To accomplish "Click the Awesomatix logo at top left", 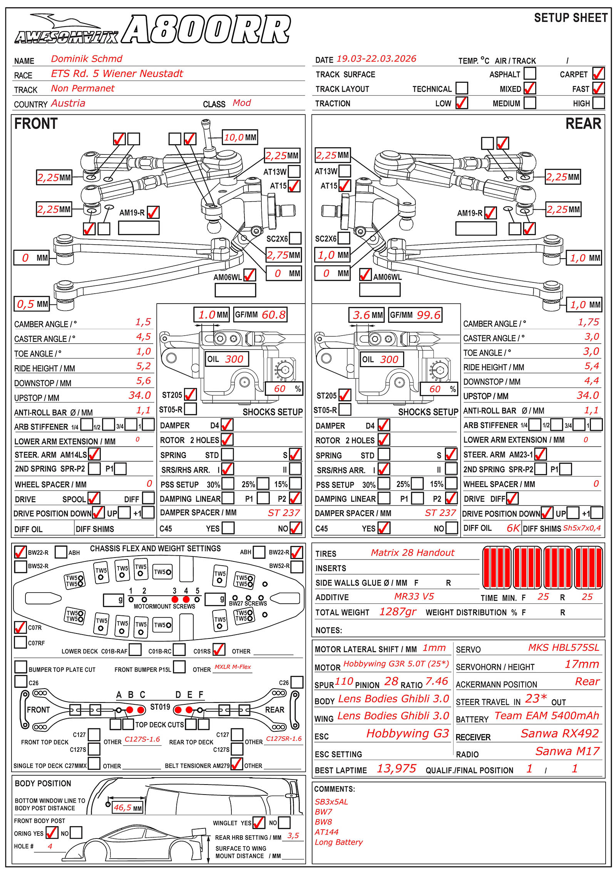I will tap(66, 31).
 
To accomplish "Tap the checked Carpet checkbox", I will tap(598, 73).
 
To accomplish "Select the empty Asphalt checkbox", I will tap(530, 73).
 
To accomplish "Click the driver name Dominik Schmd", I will tap(87, 59).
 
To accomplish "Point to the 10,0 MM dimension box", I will tap(240, 137).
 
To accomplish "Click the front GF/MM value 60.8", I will tap(273, 315).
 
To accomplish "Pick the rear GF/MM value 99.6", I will tap(428, 315).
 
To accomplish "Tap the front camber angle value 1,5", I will tap(143, 322).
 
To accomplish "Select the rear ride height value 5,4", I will tap(591, 366).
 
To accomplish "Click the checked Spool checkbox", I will tap(94, 498).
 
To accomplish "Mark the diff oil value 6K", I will tap(513, 528).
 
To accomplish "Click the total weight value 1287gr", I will tap(398, 612).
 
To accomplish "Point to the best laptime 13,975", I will tap(396, 769).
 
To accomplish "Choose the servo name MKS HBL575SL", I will tap(563, 648).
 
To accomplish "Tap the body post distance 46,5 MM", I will tap(127, 808).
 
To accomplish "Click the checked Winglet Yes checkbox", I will tap(258, 823).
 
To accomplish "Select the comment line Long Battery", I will tap(338, 842).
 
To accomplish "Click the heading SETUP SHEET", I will tap(571, 18).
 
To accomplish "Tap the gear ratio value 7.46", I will tap(437, 682).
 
